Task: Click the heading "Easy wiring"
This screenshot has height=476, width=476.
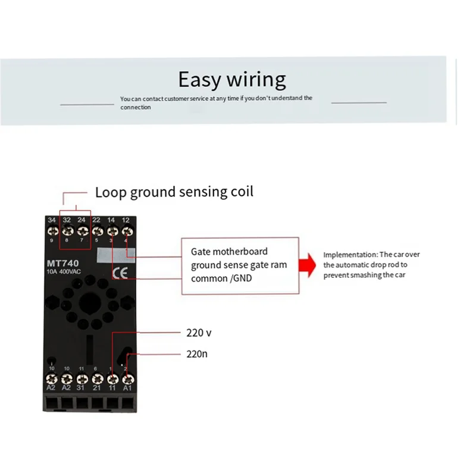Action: pyautogui.click(x=232, y=79)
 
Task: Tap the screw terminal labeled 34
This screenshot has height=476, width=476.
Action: pyautogui.click(x=52, y=230)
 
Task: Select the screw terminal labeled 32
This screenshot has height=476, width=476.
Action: pyautogui.click(x=67, y=230)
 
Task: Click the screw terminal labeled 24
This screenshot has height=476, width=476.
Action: pyautogui.click(x=82, y=230)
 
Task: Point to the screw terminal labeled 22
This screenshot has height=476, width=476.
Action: pyautogui.click(x=96, y=230)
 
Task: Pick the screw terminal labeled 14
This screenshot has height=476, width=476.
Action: pyautogui.click(x=111, y=230)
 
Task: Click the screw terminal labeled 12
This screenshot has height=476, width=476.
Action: pyautogui.click(x=126, y=230)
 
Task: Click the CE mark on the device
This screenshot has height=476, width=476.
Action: pyautogui.click(x=117, y=274)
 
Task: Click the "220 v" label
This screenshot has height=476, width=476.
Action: pyautogui.click(x=199, y=333)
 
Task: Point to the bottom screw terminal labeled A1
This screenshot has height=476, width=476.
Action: pyautogui.click(x=126, y=378)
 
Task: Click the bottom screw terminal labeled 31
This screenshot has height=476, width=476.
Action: pyautogui.click(x=82, y=378)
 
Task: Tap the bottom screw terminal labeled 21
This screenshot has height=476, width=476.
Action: pyautogui.click(x=96, y=378)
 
